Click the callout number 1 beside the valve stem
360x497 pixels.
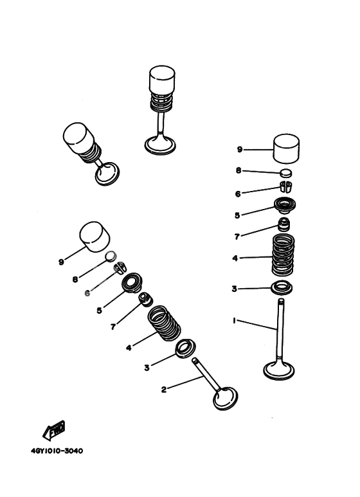234,320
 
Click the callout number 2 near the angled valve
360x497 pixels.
164,389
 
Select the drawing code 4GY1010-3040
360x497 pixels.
57,451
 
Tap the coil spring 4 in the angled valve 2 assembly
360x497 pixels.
164,323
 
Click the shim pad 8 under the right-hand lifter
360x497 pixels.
285,172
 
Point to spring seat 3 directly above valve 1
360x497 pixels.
281,286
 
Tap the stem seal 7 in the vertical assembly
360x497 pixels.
283,226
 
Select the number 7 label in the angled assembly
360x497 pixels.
113,327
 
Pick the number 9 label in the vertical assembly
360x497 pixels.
239,149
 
